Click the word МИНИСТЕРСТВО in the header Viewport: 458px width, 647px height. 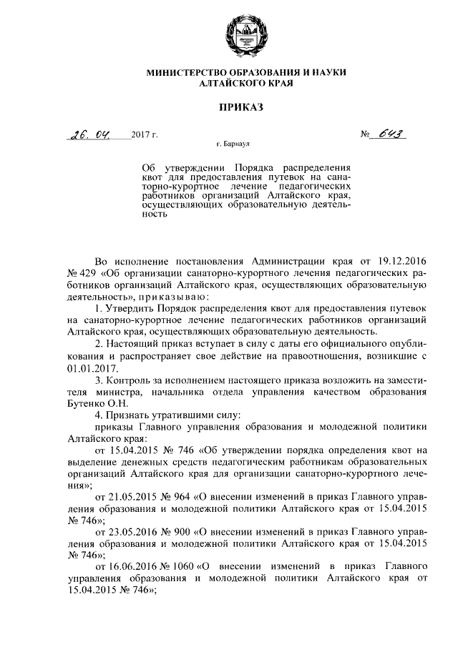click(x=186, y=73)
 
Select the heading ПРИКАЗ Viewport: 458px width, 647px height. click(x=229, y=107)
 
